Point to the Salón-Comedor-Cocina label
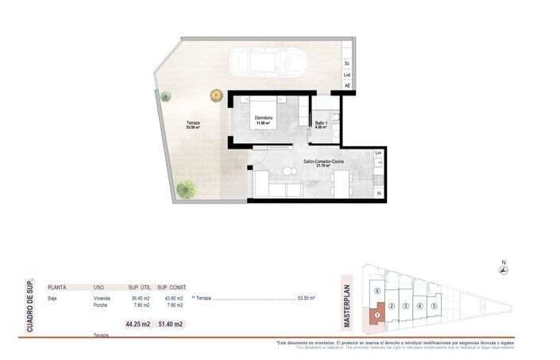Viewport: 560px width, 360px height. tap(322, 163)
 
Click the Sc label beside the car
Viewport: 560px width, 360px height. tap(347, 63)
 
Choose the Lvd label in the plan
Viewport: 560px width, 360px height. tap(347, 75)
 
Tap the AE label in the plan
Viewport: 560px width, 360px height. tap(347, 86)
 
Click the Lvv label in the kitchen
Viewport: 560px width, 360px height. tap(379, 153)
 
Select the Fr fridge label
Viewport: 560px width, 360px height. tap(379, 193)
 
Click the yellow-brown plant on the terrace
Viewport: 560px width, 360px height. tap(216, 95)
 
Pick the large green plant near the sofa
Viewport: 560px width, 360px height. tap(187, 189)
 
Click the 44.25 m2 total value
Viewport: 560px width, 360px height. tap(137, 324)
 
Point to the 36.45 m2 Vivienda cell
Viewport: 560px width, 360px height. tap(139, 298)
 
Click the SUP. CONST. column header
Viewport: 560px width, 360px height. tap(171, 287)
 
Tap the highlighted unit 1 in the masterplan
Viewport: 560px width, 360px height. tap(379, 312)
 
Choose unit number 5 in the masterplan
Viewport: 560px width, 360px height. tap(434, 306)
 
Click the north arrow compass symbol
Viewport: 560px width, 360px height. tap(502, 270)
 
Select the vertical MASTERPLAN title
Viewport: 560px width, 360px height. tap(346, 306)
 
